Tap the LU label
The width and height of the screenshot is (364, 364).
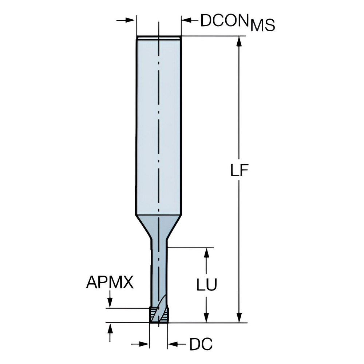[207, 285]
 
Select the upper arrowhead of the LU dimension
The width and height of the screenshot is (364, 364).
[206, 253]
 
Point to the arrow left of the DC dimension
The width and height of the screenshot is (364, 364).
[142, 343]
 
